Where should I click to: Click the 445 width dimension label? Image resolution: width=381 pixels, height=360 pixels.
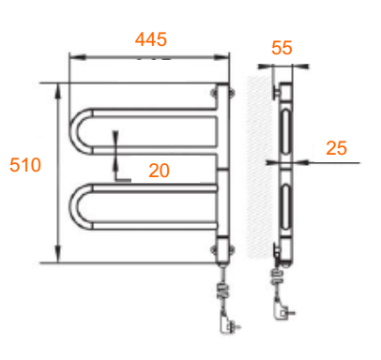(151, 39)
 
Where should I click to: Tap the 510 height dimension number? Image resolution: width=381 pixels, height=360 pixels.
(25, 165)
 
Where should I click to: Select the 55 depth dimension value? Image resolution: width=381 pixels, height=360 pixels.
(282, 48)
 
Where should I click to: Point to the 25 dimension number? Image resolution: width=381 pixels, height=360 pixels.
(336, 148)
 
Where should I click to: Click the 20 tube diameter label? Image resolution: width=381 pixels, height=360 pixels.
(159, 171)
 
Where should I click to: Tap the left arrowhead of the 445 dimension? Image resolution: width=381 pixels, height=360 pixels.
(77, 57)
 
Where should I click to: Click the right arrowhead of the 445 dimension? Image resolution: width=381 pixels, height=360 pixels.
(221, 57)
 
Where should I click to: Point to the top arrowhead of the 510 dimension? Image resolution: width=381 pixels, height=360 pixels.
(58, 91)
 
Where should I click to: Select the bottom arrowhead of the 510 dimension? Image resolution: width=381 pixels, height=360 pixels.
(58, 254)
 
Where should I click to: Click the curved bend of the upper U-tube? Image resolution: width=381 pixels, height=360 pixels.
(74, 131)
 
